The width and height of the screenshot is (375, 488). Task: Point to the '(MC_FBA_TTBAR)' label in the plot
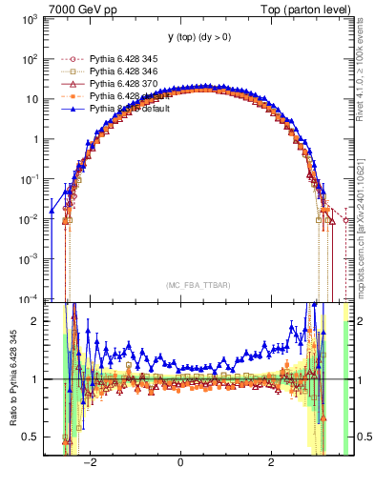pos(197,285)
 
